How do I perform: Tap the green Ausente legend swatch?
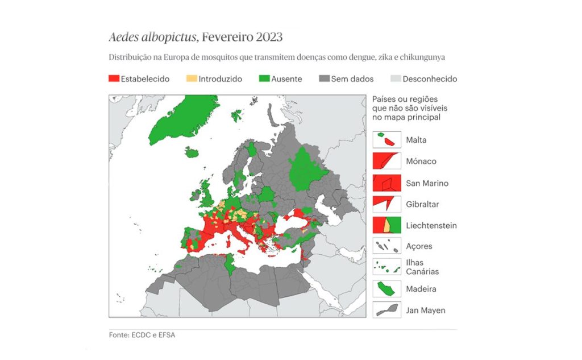[264, 79]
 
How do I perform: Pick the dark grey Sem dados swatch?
[324, 79]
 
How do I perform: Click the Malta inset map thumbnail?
[386, 140]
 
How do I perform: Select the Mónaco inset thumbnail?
[386, 161]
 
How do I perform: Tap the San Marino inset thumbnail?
[386, 183]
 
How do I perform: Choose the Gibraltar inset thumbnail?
[386, 204]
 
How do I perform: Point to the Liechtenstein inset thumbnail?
[386, 225]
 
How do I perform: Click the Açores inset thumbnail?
[386, 246]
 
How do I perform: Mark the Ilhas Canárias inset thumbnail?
[386, 267]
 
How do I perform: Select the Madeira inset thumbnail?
[386, 289]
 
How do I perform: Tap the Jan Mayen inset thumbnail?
[386, 311]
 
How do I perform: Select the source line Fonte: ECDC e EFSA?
[142, 335]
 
